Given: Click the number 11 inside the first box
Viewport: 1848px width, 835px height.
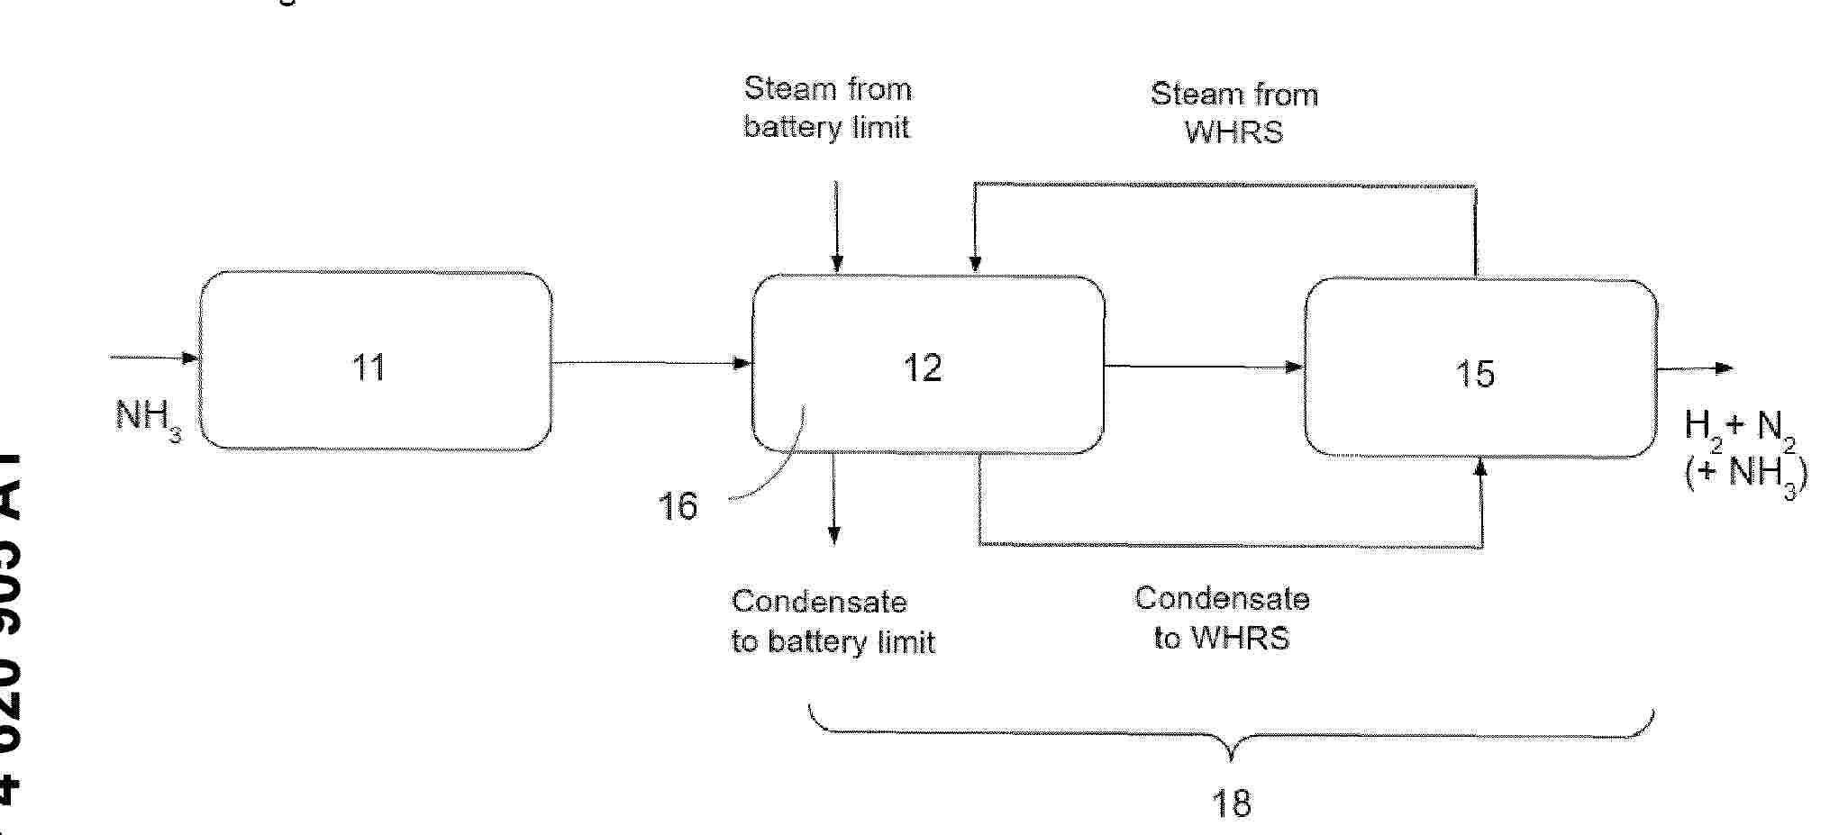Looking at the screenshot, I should point(369,368).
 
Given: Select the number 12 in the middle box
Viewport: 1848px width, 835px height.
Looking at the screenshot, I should point(923,368).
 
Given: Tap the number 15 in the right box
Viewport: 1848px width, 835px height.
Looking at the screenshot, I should point(1475,373).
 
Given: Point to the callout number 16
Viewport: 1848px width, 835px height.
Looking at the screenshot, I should point(678,506).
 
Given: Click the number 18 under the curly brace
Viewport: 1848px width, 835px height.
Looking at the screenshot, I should point(1231,802).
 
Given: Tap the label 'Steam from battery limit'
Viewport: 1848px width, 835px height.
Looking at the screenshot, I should point(827,108).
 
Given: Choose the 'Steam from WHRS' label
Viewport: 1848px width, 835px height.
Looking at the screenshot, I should point(1234,113).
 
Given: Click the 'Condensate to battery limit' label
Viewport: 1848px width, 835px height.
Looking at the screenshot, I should point(833,622).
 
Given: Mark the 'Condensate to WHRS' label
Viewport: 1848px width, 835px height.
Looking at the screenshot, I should point(1222,619).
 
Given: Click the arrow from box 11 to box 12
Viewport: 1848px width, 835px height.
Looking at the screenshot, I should point(651,363).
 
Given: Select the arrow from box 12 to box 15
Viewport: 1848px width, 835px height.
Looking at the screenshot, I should point(1204,366).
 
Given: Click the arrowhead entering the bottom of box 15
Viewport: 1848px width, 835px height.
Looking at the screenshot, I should point(1479,467).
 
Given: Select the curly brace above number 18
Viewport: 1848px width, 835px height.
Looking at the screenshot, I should point(1231,734).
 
